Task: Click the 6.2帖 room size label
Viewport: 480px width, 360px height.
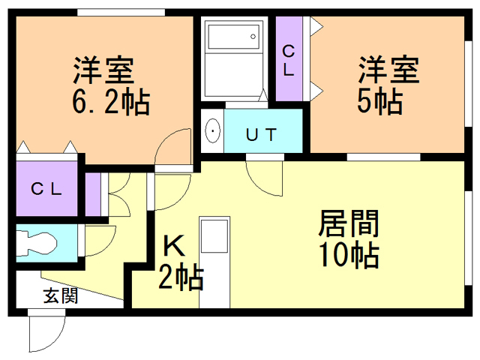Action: (x=111, y=102)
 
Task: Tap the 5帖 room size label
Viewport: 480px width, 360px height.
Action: (x=380, y=101)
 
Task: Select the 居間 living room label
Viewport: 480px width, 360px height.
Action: (x=349, y=223)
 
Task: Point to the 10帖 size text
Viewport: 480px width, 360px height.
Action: (x=349, y=255)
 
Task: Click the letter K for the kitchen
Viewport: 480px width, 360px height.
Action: (x=174, y=245)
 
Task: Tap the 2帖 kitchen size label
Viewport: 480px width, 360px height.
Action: (x=181, y=277)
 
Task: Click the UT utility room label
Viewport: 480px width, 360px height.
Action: (x=262, y=135)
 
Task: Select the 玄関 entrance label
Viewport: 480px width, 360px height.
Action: (x=61, y=295)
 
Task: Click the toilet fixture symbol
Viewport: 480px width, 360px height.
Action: (x=37, y=243)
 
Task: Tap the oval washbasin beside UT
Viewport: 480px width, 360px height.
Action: (x=212, y=131)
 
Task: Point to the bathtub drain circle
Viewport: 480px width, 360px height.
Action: (x=253, y=37)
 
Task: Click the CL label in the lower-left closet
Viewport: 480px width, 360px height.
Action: (x=46, y=189)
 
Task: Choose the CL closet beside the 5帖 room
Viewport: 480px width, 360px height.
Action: (x=289, y=58)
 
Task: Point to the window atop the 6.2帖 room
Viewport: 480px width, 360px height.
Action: (x=121, y=13)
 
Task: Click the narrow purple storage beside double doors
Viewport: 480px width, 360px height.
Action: (x=93, y=194)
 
